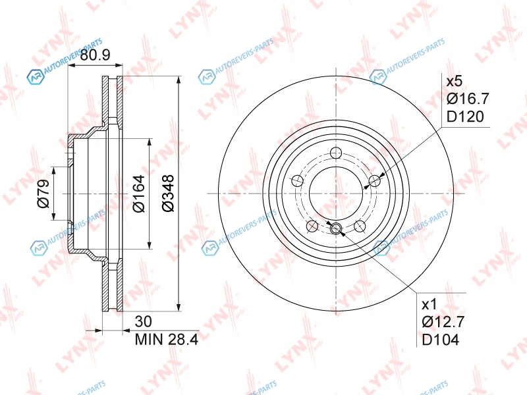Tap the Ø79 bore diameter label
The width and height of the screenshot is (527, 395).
[43, 194]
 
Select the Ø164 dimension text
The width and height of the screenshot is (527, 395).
[138, 194]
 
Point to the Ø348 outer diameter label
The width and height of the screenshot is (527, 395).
[168, 193]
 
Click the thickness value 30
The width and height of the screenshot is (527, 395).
[143, 321]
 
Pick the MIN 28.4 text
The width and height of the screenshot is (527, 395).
[167, 339]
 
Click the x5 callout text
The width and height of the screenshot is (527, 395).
[455, 81]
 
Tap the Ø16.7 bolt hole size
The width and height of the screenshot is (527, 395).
[468, 98]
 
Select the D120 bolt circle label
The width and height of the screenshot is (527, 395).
[465, 117]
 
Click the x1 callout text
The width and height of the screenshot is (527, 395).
[430, 305]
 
